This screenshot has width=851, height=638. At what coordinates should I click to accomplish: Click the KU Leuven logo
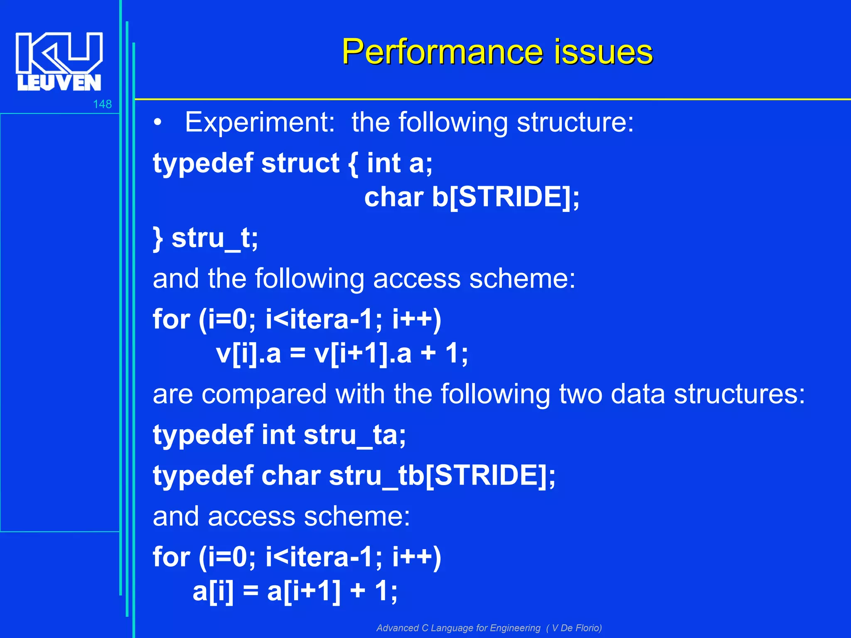[x=59, y=61]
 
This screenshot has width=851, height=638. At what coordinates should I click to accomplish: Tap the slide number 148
[x=102, y=104]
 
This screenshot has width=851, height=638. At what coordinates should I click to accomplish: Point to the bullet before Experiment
[x=157, y=123]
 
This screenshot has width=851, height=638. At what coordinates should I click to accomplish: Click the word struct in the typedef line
[x=300, y=163]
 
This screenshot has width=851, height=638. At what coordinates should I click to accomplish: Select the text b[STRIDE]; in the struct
[x=505, y=197]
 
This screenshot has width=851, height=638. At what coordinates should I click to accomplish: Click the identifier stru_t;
[x=215, y=238]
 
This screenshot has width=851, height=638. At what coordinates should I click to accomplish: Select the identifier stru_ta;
[x=354, y=435]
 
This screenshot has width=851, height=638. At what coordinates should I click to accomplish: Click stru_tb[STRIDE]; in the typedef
[x=442, y=476]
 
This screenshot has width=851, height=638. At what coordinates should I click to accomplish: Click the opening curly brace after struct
[x=353, y=164]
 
